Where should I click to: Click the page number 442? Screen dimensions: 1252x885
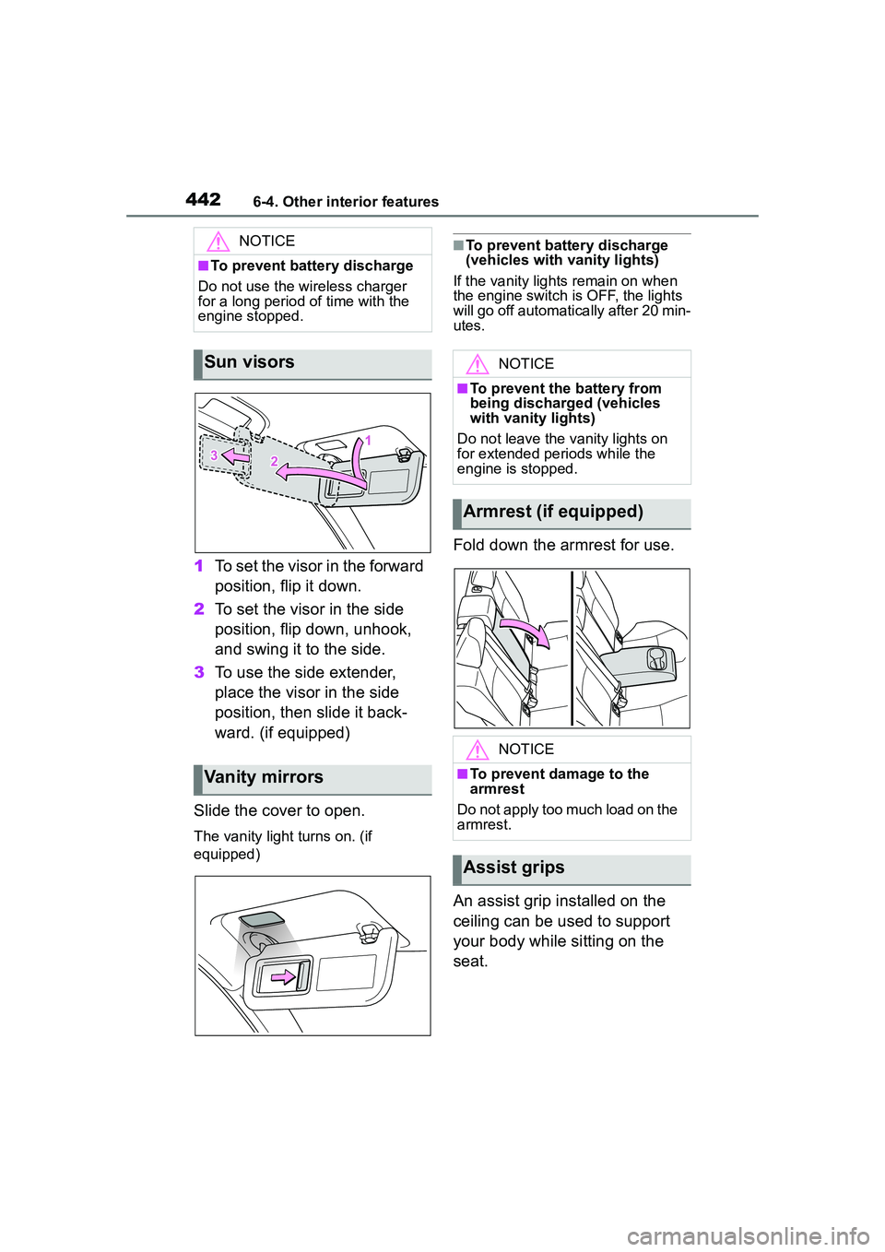203,199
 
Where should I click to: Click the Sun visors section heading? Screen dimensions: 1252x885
249,363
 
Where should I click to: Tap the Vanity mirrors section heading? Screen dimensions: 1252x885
264,778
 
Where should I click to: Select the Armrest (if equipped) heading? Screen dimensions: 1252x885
553,513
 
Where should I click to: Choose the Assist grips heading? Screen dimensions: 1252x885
513,868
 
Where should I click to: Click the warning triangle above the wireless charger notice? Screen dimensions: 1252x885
218,242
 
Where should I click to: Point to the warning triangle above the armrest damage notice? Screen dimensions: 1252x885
477,750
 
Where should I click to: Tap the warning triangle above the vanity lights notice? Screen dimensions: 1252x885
477,364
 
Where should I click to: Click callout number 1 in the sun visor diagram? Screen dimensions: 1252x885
368,441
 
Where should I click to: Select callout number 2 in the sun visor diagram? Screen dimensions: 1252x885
274,461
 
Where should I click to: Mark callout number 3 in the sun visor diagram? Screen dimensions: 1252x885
214,455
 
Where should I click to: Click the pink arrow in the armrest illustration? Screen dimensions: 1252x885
525,631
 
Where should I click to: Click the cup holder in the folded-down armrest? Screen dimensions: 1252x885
656,658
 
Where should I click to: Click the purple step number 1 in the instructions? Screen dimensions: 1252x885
199,566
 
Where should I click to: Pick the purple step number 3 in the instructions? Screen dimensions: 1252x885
199,673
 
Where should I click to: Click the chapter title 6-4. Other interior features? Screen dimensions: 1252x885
346,202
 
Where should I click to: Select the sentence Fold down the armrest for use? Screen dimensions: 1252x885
563,546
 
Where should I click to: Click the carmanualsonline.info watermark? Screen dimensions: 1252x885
748,1235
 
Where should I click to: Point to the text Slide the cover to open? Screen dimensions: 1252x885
279,811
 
